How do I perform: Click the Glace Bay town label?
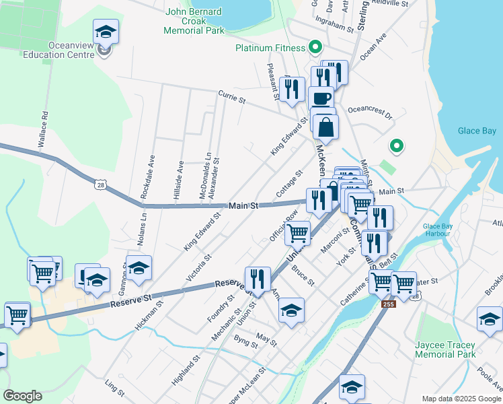point(477,131)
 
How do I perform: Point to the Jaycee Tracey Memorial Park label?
point(444,349)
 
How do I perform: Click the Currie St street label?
point(231,98)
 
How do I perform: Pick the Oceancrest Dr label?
point(370,112)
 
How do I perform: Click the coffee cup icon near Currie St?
point(321,98)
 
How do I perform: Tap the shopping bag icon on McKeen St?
point(325,127)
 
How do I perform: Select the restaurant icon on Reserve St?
point(258,278)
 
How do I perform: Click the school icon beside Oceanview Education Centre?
point(106,31)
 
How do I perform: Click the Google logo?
point(22,396)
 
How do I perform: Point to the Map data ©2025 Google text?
point(461,399)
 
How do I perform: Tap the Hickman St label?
point(149,315)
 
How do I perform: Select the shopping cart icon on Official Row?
point(297,233)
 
